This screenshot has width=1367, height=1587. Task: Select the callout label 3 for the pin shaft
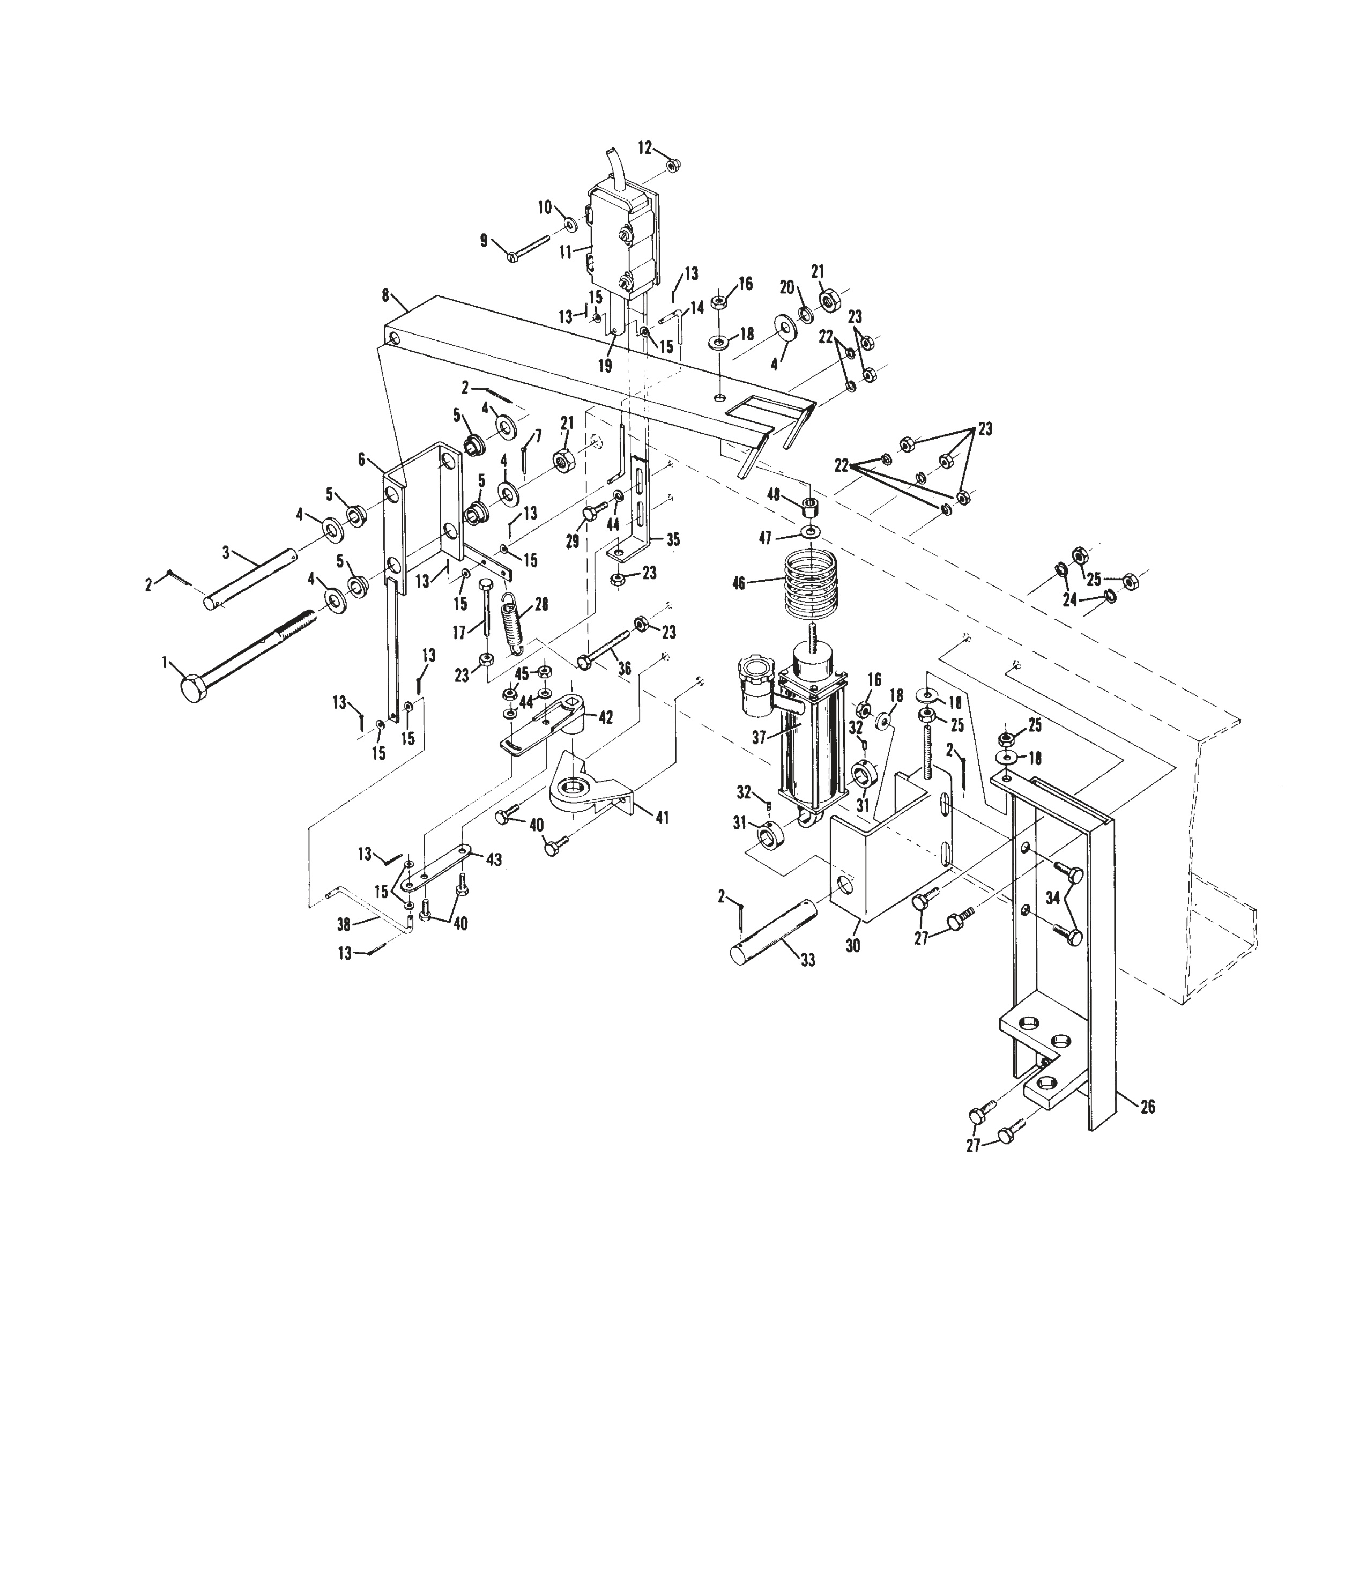(x=226, y=552)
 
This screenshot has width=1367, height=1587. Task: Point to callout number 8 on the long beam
(x=385, y=294)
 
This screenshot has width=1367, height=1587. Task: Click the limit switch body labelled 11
(x=620, y=238)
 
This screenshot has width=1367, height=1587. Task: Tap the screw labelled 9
(x=529, y=250)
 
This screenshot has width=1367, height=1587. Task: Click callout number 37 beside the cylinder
(x=759, y=738)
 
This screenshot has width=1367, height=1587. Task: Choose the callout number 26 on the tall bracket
(x=1147, y=1106)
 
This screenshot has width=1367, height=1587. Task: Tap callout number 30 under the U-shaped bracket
(x=852, y=946)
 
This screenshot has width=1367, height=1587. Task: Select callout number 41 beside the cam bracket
(x=662, y=818)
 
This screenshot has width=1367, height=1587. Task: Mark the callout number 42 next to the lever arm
(x=605, y=718)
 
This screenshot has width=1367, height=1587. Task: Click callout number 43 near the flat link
(x=494, y=860)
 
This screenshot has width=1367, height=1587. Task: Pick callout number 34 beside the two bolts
(x=1053, y=898)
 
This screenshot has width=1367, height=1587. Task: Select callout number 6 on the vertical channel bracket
(x=361, y=459)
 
